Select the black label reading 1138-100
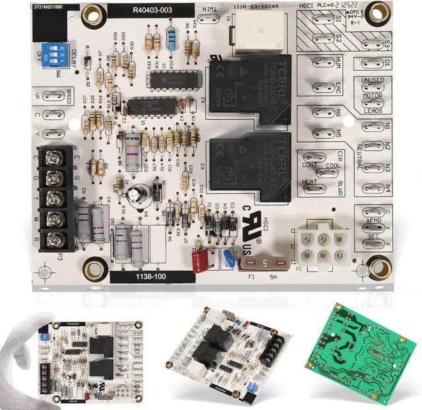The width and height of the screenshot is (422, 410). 152,277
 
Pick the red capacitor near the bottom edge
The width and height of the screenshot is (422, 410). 200,260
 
